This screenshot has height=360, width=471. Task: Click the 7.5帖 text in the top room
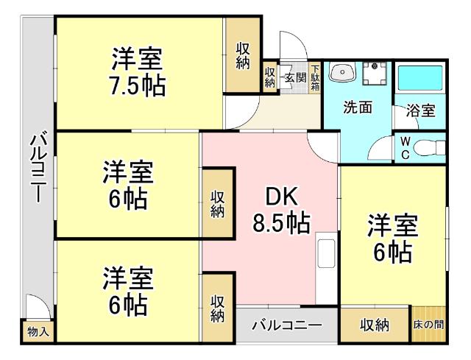[138, 86]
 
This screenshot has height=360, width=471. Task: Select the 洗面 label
[358, 107]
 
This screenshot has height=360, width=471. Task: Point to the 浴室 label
[421, 111]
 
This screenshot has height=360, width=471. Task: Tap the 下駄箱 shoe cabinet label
[315, 77]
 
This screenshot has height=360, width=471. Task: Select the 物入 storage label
[38, 332]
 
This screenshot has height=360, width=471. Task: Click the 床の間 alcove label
[428, 325]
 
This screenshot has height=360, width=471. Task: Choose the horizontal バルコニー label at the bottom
[287, 325]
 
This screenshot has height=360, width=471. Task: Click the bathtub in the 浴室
[421, 80]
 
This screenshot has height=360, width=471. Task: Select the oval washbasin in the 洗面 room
[342, 74]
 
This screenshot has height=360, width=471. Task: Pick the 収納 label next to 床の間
[374, 325]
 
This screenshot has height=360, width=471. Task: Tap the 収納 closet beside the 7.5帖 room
[243, 56]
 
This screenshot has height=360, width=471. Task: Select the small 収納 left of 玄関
[270, 77]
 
